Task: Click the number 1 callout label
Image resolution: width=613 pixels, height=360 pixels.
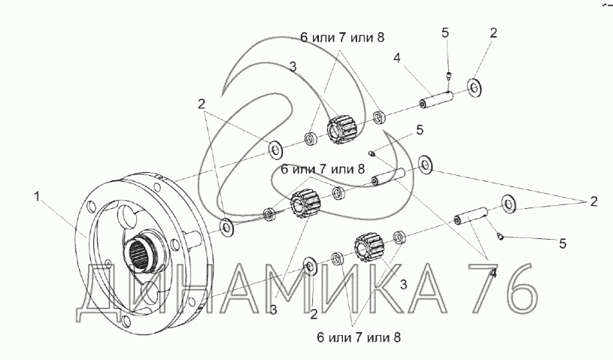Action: pos(37,196)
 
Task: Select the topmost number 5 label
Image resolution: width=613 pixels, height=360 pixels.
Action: pos(445,33)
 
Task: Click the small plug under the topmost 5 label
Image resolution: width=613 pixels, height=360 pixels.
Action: pos(449,75)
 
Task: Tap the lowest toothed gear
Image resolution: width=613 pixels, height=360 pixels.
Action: pos(369,247)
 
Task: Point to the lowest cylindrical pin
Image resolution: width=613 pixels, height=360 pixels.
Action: pos(471,215)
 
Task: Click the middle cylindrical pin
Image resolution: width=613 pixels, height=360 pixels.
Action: pos(389,176)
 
